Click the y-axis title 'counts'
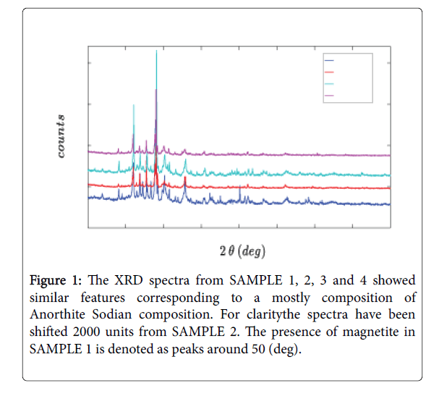point(62,136)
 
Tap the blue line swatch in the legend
point(329,60)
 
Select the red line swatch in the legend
point(329,72)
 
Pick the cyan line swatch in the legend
point(329,83)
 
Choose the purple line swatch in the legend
point(329,95)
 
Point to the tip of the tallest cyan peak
point(156,51)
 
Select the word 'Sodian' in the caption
point(133,315)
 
